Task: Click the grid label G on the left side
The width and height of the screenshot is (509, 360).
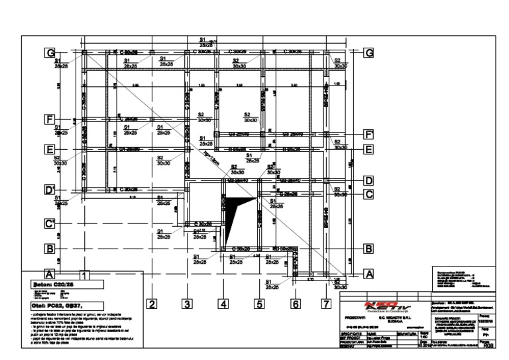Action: tap(49, 52)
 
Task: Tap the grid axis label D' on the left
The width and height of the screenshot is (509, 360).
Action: tap(49, 191)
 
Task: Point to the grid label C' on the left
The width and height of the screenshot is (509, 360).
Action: tap(49, 223)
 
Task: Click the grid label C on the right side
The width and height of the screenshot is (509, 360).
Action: tap(368, 194)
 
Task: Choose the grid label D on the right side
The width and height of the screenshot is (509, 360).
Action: tap(368, 180)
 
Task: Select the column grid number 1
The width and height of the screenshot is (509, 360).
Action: tap(84, 273)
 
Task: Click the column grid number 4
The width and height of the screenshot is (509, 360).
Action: tap(223, 304)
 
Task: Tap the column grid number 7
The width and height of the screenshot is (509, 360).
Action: tap(325, 304)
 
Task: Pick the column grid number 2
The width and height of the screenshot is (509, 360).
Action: tap(151, 304)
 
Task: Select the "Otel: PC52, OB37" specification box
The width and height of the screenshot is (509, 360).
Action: tap(63, 306)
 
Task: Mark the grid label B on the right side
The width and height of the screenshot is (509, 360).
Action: tap(368, 249)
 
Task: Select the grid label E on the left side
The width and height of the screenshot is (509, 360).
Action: tap(49, 150)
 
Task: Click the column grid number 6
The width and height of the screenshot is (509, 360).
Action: tap(296, 304)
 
